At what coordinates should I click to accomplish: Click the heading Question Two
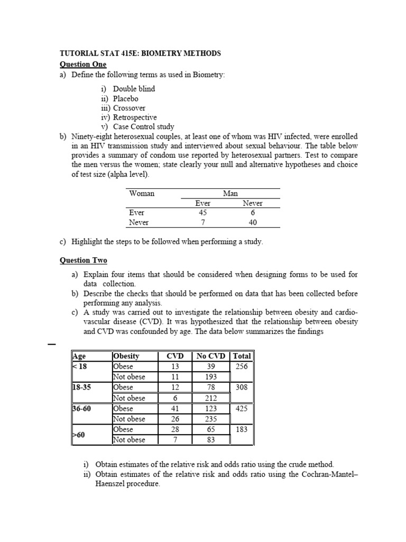click(84, 260)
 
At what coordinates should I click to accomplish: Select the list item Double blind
click(134, 89)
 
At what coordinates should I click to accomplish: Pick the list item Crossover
click(130, 108)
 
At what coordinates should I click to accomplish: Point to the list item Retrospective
click(135, 118)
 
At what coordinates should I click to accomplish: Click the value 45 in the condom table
click(202, 213)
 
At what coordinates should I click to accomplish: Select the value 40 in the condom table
click(252, 223)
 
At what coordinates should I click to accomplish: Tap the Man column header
click(230, 194)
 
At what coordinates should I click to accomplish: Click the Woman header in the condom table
click(142, 194)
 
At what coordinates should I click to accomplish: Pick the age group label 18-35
click(82, 387)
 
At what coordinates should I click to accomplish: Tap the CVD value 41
click(176, 409)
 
